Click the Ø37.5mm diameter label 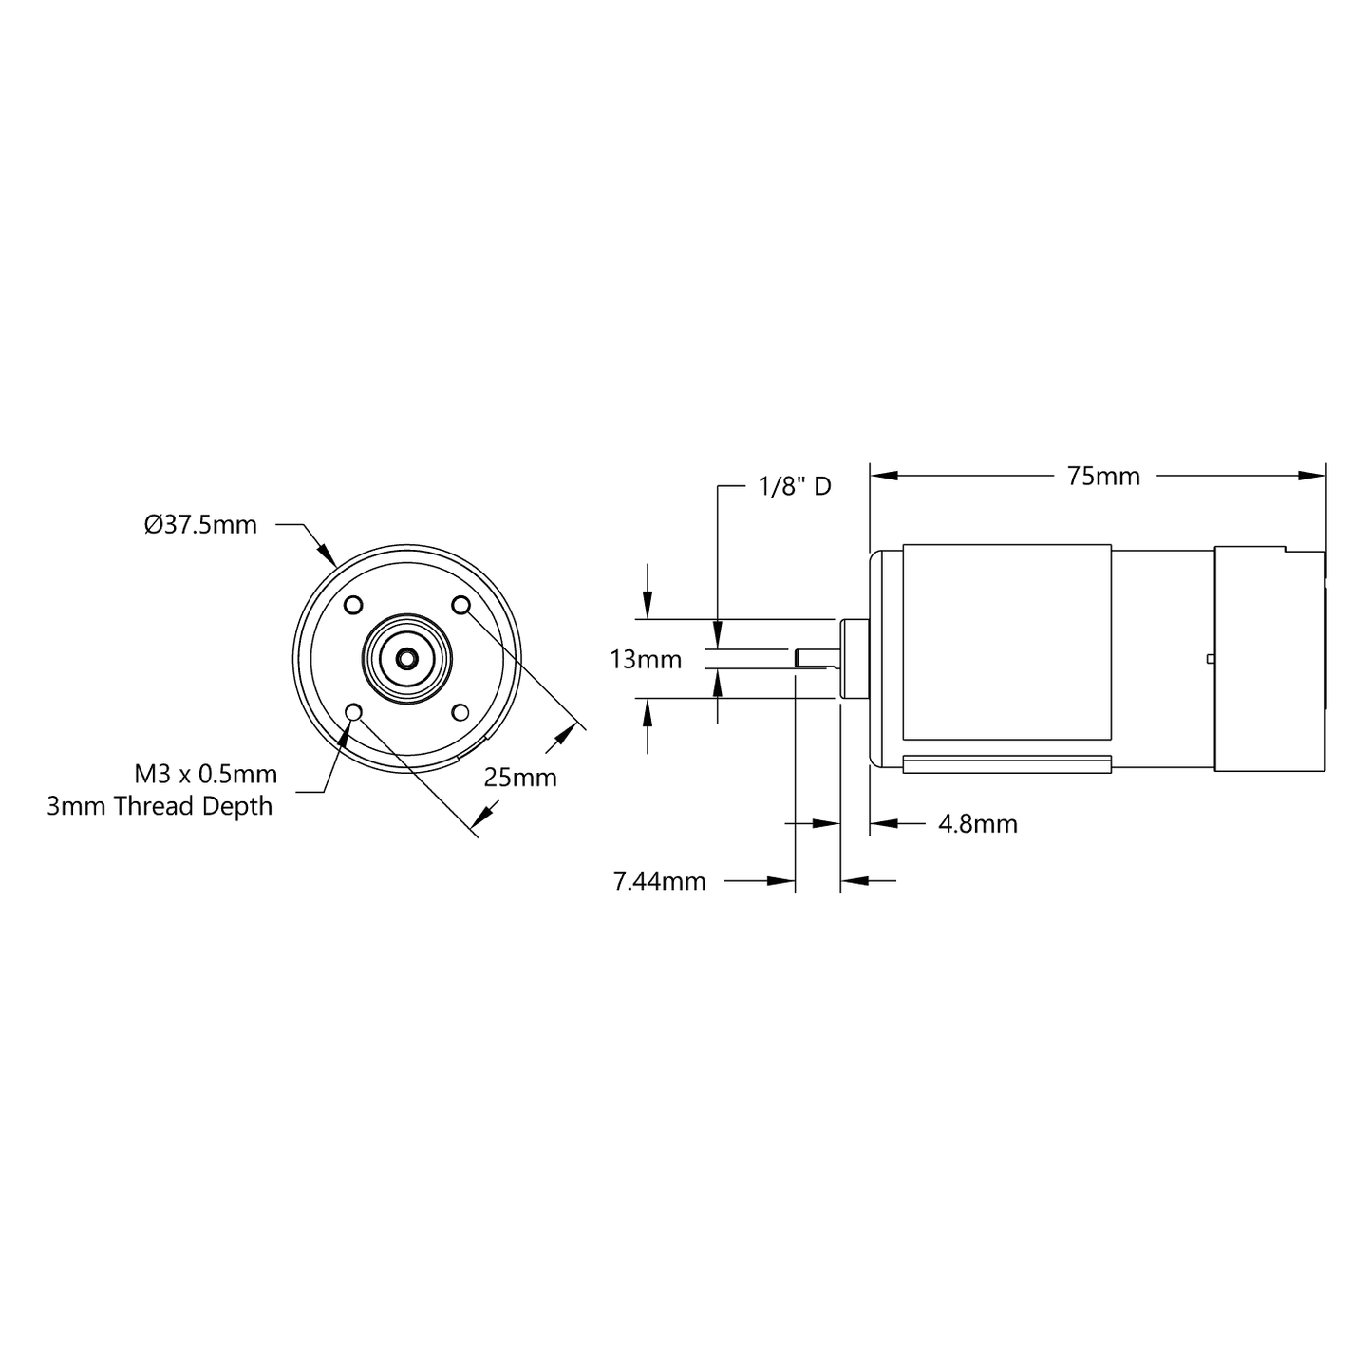click(200, 525)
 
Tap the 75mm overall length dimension click(1103, 477)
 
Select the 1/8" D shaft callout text click(795, 486)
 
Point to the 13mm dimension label click(645, 660)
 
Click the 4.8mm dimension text click(978, 824)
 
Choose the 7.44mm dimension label click(659, 881)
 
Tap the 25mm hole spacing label click(519, 778)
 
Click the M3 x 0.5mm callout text click(206, 774)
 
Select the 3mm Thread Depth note click(160, 806)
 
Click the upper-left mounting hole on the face click(353, 605)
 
